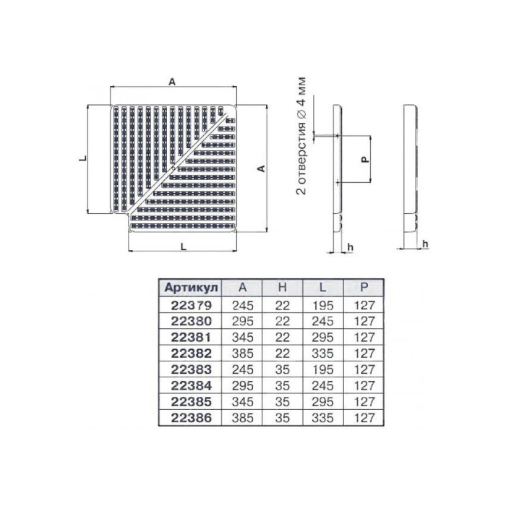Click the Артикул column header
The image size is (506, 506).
point(191,287)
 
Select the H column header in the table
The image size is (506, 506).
point(283,287)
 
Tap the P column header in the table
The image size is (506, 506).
point(364,287)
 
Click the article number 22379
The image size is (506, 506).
point(191,305)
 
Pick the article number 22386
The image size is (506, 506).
point(191,418)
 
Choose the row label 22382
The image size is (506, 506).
point(191,353)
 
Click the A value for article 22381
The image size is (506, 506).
point(243,338)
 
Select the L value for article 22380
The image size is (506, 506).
point(322,321)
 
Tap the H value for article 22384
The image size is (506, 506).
point(283,385)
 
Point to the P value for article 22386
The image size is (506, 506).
point(364,418)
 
